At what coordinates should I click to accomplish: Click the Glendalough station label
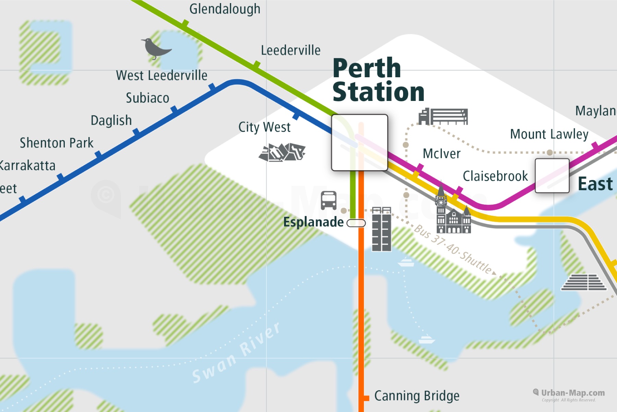coord(225,9)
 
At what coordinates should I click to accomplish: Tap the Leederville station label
coord(291,50)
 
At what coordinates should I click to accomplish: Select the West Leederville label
coord(161,76)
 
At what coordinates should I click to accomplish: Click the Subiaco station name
coord(147,98)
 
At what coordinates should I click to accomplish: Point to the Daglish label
coord(111,121)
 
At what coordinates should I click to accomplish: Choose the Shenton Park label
coord(57,143)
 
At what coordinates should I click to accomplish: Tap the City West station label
coord(264,127)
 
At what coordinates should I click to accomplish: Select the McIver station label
coord(441,154)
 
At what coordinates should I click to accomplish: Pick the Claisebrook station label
coord(495,176)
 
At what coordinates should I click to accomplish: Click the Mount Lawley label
coord(549,134)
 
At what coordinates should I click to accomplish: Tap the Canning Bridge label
coord(416,396)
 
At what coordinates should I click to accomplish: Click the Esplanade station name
coord(313,222)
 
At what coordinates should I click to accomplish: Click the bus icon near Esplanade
coord(328,201)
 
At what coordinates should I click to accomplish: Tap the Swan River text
coord(237,354)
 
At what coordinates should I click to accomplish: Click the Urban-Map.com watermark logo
coord(569,393)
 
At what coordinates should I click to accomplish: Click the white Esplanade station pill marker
coord(356,223)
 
